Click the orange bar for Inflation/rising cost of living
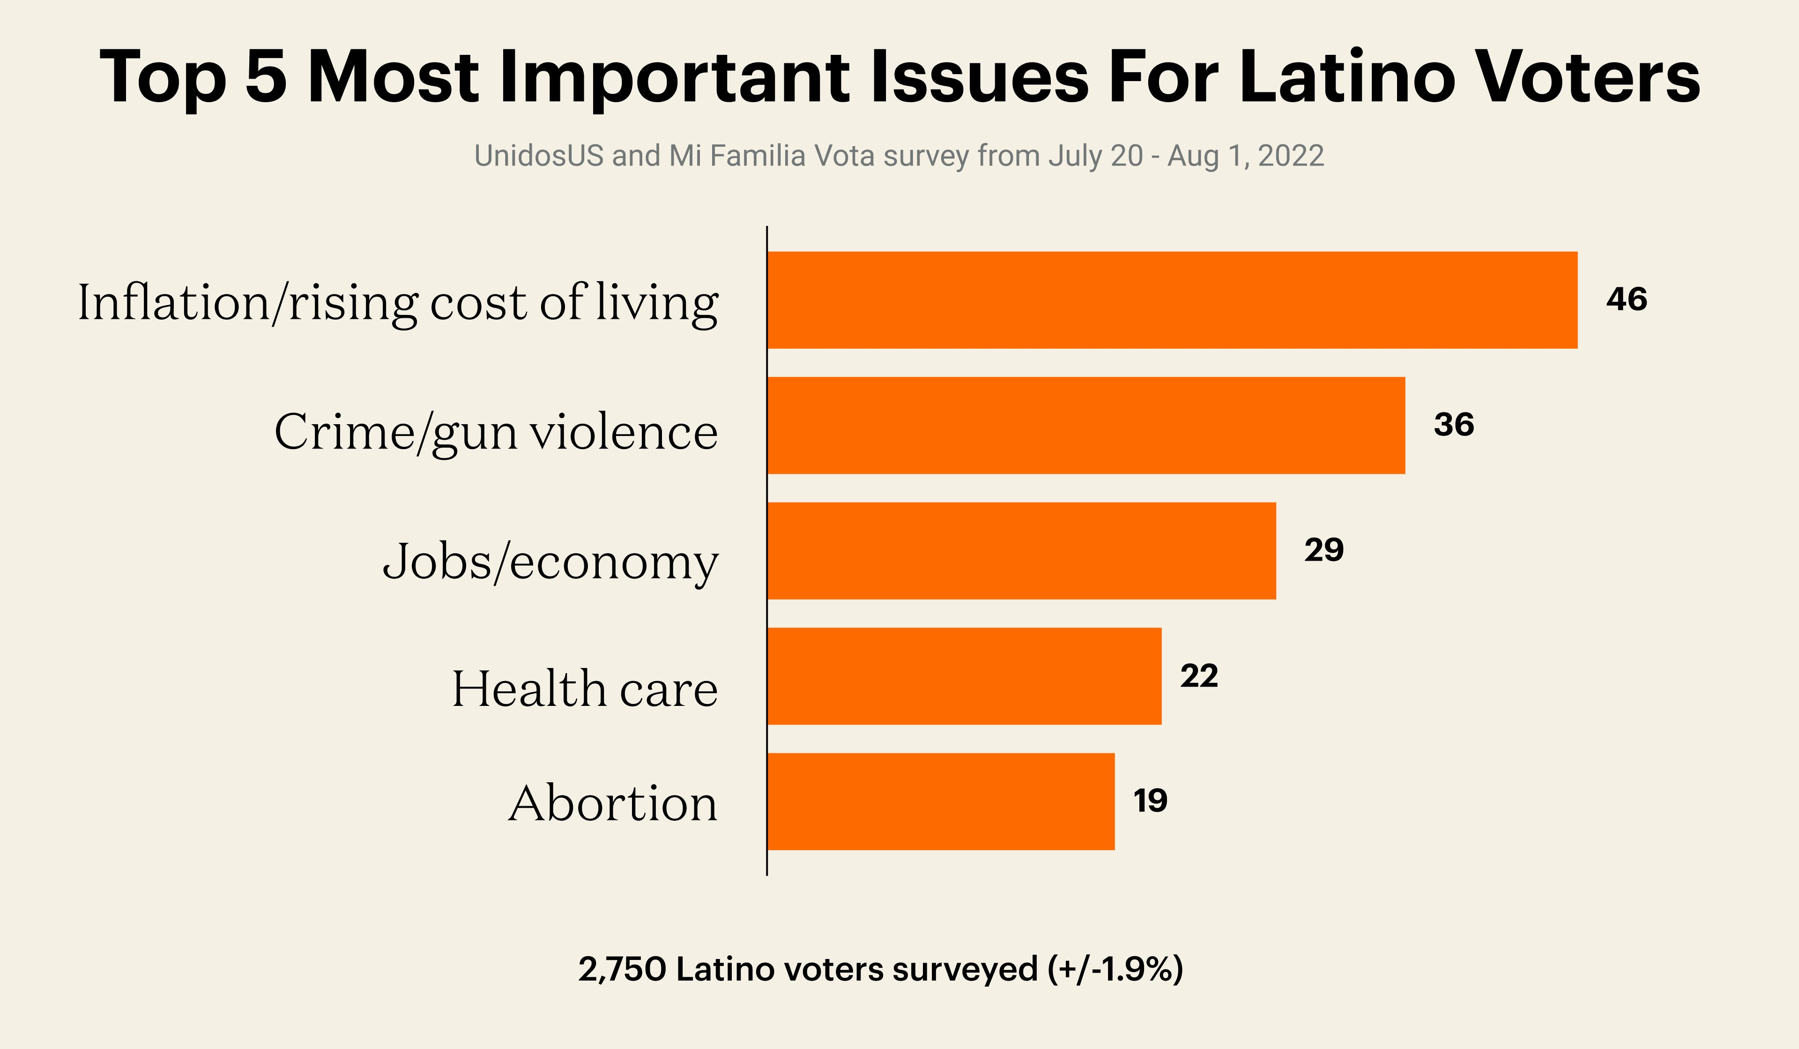coord(1171,300)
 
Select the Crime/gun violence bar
coord(1085,426)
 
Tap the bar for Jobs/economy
coord(1021,551)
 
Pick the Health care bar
coord(964,676)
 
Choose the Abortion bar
coord(940,801)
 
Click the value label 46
coord(1626,299)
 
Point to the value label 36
coord(1453,425)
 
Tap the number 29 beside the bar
coord(1323,550)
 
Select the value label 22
coord(1198,675)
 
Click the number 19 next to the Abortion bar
coord(1150,801)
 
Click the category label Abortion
coord(612,804)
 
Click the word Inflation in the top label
coord(173,303)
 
